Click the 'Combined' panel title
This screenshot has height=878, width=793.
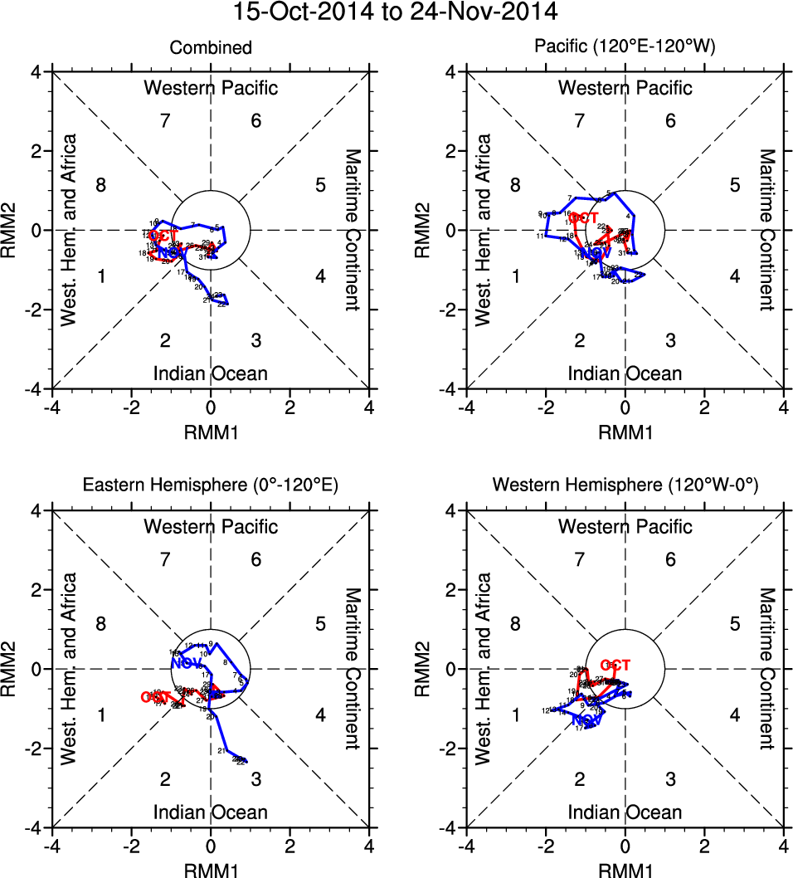(x=211, y=48)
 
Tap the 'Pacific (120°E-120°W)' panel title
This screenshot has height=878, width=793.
(x=625, y=48)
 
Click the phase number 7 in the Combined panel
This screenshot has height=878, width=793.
(x=165, y=121)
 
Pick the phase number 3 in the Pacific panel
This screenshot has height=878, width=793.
(x=670, y=340)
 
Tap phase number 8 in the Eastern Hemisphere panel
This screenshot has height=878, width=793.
(x=101, y=623)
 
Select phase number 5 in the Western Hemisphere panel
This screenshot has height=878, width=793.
(x=734, y=623)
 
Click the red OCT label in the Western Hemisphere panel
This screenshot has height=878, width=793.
(x=615, y=665)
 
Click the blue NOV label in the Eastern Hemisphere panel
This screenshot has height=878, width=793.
(x=187, y=663)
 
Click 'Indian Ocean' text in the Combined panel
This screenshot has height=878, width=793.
(x=211, y=373)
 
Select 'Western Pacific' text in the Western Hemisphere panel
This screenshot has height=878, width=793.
(x=625, y=526)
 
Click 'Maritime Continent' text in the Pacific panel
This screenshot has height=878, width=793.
(x=766, y=230)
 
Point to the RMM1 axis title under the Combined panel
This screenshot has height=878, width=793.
(x=211, y=431)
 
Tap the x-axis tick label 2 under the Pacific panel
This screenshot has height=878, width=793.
(x=704, y=407)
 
